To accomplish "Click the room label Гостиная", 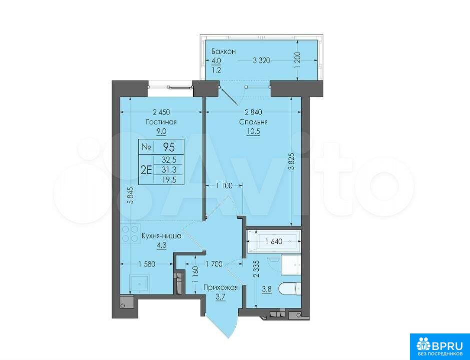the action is [x=161, y=122].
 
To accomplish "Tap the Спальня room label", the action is [x=253, y=122].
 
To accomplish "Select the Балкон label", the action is [x=223, y=51].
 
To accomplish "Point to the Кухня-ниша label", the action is [x=161, y=236].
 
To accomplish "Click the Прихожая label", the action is [x=220, y=288].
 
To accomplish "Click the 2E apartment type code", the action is [x=146, y=170].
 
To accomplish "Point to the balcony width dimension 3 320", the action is [x=261, y=61].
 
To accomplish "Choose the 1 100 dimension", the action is [x=224, y=186].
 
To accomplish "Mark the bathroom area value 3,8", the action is [x=267, y=289].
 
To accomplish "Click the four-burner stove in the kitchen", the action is [x=130, y=233].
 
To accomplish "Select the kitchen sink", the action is [x=139, y=283].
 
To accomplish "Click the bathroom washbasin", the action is [x=291, y=265].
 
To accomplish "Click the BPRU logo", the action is [x=440, y=346].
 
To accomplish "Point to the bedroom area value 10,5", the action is [x=253, y=132].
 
